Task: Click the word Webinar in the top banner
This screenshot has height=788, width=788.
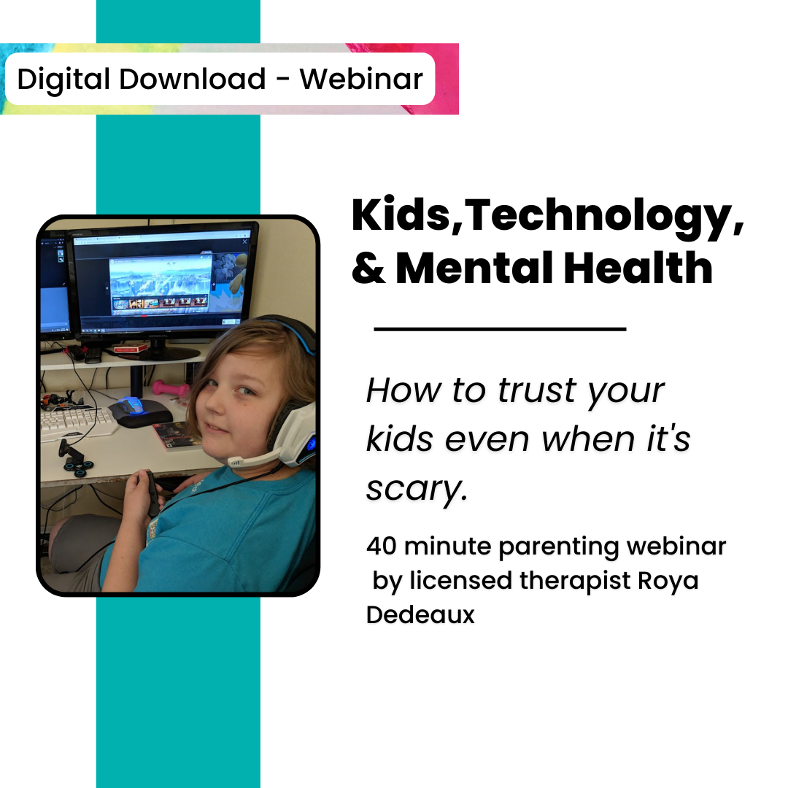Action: (361, 79)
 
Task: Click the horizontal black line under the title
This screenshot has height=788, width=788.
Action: (500, 329)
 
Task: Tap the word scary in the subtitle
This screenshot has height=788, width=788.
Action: (415, 489)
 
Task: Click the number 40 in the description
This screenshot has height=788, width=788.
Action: (381, 546)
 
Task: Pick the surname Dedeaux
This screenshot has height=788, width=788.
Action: (420, 614)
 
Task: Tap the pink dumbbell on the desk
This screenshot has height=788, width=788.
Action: (169, 387)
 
